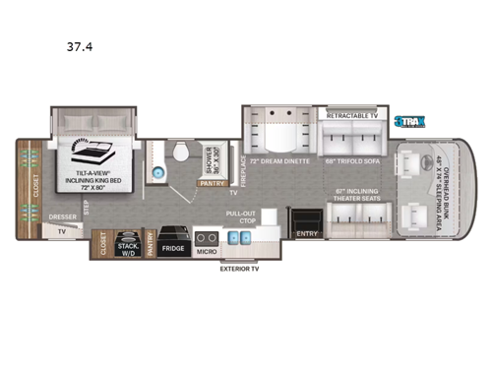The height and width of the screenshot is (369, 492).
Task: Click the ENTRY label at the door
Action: [x=307, y=234]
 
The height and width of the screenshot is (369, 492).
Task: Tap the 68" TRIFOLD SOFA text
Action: [x=350, y=158]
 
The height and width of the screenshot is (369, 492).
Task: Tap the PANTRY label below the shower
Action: [x=210, y=182]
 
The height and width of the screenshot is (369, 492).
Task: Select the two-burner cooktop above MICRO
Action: [x=204, y=237]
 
